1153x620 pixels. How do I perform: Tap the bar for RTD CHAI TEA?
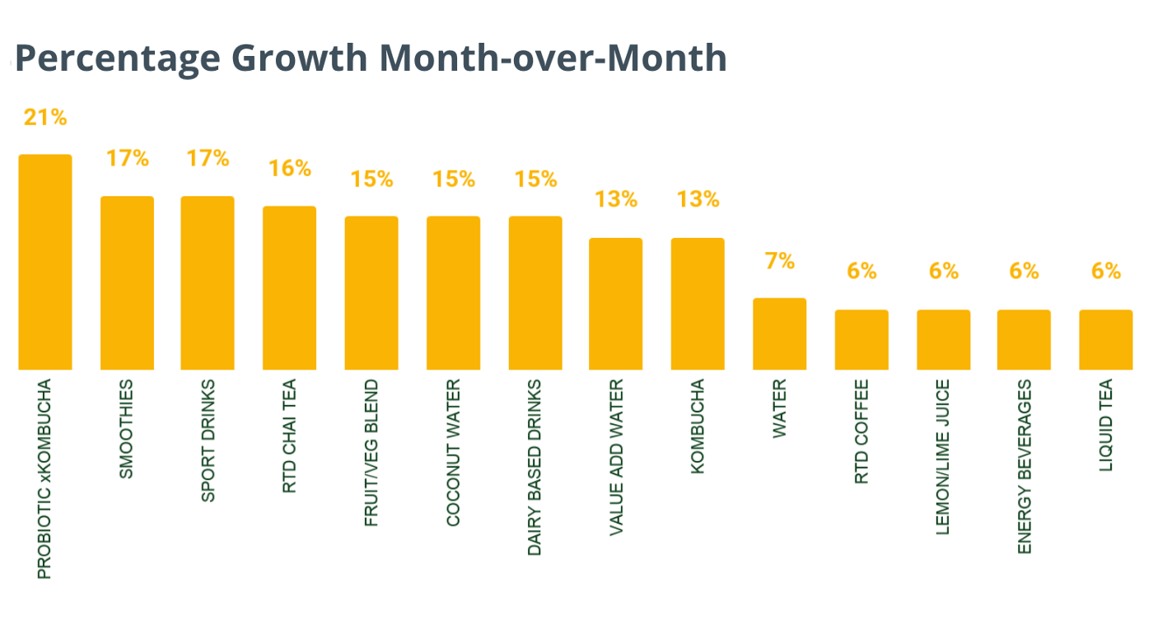(290, 287)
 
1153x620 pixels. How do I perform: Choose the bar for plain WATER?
(780, 333)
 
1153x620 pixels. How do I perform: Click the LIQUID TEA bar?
(1106, 339)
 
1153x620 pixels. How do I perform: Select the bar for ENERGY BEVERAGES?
(1024, 339)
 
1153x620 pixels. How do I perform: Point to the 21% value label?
(45, 118)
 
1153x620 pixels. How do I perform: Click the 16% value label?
(290, 169)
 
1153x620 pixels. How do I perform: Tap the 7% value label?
(780, 262)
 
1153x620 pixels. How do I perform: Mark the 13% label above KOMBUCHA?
(698, 199)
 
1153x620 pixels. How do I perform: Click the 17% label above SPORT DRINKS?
(208, 158)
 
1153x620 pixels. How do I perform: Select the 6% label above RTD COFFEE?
(861, 271)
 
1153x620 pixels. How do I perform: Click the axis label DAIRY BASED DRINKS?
(534, 467)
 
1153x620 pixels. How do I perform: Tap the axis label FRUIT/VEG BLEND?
(371, 453)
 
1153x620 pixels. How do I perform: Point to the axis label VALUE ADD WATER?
(616, 458)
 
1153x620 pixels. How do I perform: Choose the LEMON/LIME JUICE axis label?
(943, 457)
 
